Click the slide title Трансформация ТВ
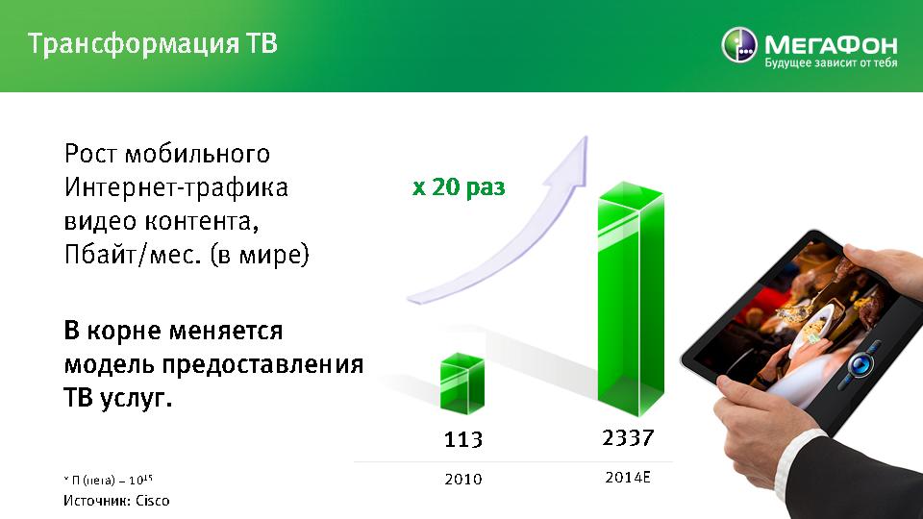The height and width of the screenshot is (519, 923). coord(153,44)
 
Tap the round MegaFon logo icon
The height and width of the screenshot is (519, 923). coord(739,45)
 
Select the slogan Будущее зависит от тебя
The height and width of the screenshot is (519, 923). coord(831,62)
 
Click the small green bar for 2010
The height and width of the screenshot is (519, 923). coord(462,383)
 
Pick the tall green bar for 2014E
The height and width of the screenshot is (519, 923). coord(631,300)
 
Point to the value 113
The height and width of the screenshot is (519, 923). coord(463,439)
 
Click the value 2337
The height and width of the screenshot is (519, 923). coord(628,438)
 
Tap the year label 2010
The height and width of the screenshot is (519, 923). coord(463,480)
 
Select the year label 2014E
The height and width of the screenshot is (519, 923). coord(628,478)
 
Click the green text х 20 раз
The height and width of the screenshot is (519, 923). coord(459,187)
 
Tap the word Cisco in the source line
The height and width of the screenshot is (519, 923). coord(153,501)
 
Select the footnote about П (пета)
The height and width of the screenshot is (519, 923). coord(109,480)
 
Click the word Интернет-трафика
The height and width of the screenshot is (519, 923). coord(176,187)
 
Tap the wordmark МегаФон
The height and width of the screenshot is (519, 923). coord(831,44)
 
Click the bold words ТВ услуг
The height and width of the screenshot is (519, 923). coord(117,399)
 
